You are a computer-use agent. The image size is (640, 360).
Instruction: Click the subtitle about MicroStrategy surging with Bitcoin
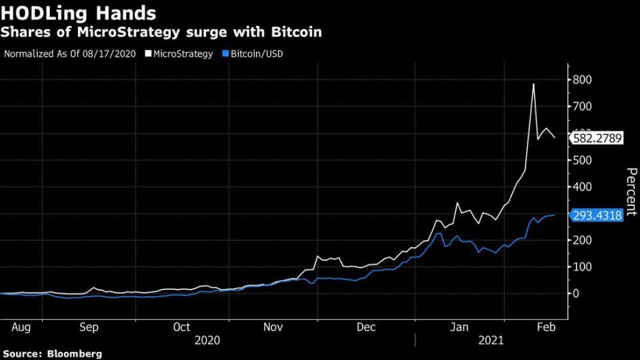pos(163,31)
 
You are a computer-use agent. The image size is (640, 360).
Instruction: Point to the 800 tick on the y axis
pos(581,80)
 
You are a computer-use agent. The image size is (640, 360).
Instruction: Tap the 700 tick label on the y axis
pos(581,107)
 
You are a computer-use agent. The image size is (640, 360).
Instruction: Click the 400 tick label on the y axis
pos(581,187)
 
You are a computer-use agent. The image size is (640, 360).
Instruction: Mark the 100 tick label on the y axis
pos(581,267)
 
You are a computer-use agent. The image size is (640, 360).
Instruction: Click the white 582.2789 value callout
pos(597,138)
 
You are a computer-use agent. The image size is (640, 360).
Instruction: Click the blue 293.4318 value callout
pos(597,216)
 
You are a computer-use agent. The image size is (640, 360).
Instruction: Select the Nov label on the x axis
pos(273,327)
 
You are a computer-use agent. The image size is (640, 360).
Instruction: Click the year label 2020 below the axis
pos(207,340)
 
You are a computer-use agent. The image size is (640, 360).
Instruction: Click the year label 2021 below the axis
pos(492,340)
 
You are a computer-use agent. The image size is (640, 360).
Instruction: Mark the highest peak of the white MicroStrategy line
pos(533,84)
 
